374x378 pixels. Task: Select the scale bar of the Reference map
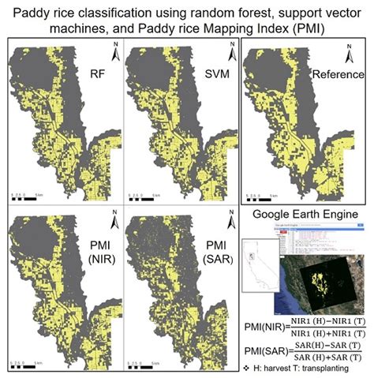click(260, 192)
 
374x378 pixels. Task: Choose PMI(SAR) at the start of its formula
click(262, 352)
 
